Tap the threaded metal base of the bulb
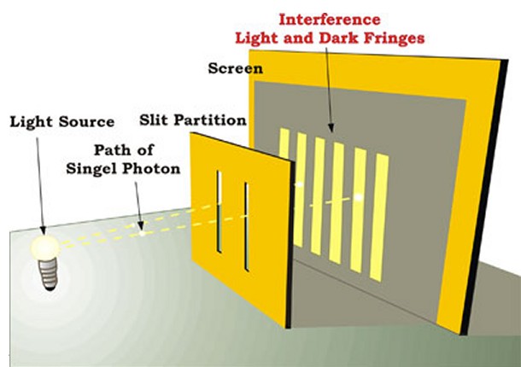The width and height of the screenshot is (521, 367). click(x=49, y=276)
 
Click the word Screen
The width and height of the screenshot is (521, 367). click(x=235, y=68)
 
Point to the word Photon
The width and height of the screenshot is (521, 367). click(x=151, y=169)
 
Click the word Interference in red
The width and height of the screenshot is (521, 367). click(x=330, y=20)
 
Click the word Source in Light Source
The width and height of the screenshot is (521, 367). click(x=87, y=121)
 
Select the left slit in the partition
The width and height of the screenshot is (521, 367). click(x=219, y=212)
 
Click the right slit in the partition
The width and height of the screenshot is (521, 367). click(x=247, y=226)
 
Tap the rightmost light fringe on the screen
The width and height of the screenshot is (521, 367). click(x=379, y=217)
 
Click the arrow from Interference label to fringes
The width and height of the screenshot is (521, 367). click(x=329, y=90)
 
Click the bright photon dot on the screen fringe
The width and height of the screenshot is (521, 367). click(x=358, y=198)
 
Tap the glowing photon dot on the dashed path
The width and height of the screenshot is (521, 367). click(x=143, y=234)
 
